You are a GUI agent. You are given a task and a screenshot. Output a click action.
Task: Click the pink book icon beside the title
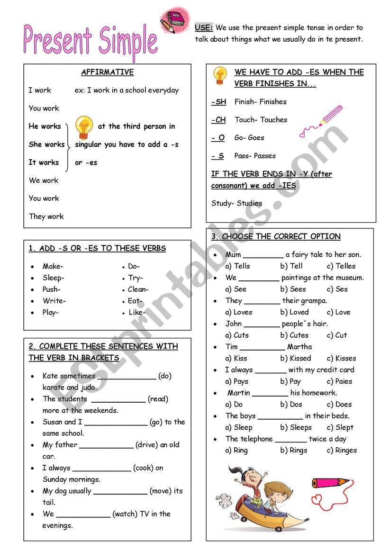[175, 20]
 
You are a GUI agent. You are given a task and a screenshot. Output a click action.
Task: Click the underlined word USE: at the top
[204, 28]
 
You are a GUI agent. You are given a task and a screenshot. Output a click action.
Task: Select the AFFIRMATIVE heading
[108, 72]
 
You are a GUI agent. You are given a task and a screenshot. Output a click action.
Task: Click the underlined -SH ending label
[218, 102]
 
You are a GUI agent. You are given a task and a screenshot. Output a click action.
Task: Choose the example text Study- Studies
[236, 203]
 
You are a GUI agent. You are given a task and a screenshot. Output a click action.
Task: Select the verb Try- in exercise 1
[135, 278]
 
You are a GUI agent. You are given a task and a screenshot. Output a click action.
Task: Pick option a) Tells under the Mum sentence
[238, 266]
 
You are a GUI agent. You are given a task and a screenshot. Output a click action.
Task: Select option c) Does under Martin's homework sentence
[339, 405]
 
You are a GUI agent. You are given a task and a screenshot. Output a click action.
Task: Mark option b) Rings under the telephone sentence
[294, 451]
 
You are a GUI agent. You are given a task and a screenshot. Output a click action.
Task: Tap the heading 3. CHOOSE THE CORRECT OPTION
[276, 236]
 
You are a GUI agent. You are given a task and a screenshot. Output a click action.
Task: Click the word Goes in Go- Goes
[256, 138]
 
